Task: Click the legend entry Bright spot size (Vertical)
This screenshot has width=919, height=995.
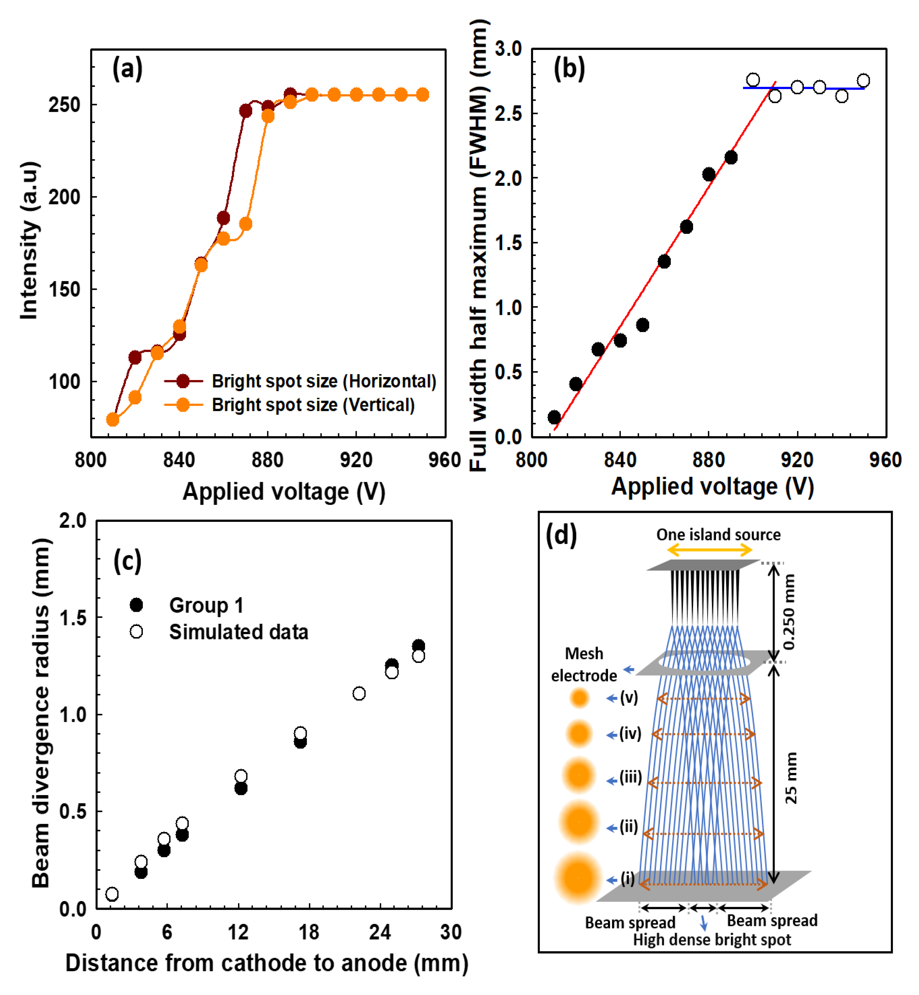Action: pos(313,405)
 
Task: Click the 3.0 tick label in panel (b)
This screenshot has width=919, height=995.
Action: pos(508,49)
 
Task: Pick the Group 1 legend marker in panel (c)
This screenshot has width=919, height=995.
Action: pos(136,605)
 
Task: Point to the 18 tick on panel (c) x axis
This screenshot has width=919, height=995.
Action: pos(309,932)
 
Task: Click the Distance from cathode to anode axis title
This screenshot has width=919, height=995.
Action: pos(267,963)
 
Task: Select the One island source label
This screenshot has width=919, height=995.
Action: pos(718,535)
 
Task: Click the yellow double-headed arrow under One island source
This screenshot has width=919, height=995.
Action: pos(709,550)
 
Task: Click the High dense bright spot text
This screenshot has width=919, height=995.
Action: pos(712,940)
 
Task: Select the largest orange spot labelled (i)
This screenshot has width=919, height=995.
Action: pos(578,878)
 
